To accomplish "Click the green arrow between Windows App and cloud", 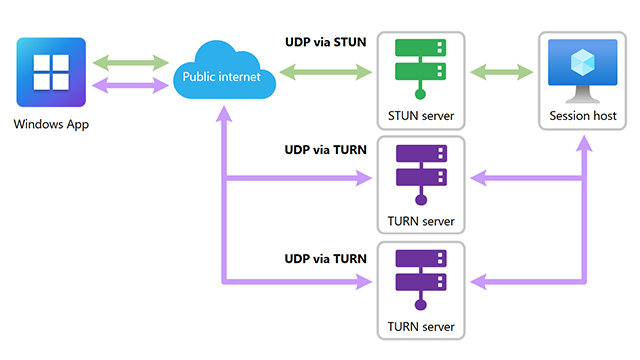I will (130, 63).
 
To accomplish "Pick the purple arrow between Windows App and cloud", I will (130, 85).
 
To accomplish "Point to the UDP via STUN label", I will (326, 41).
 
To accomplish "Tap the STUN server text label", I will (420, 116).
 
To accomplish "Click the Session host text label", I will (583, 116).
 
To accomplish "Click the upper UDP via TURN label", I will (326, 150).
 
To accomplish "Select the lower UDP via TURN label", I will (326, 258).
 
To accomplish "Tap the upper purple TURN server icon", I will (420, 175).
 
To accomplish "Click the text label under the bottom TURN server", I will (420, 327).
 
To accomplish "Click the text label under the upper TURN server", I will (420, 221).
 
